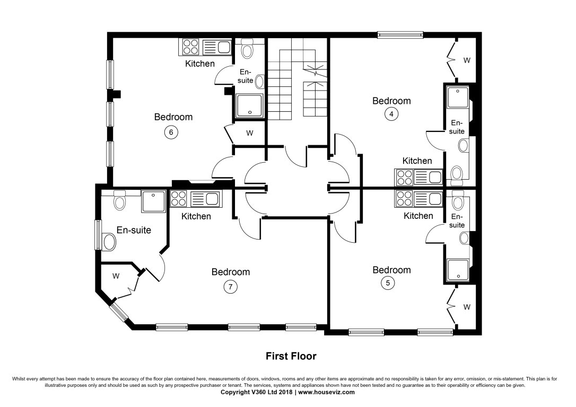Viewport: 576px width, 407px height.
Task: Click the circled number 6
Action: (x=170, y=132)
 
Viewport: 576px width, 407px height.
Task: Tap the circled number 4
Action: (x=391, y=113)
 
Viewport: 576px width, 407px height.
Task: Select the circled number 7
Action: (x=230, y=287)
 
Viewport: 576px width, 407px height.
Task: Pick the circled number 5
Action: (x=388, y=283)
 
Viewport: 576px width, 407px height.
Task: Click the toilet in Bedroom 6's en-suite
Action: (x=247, y=50)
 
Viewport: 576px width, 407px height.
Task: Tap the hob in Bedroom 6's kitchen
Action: (x=190, y=48)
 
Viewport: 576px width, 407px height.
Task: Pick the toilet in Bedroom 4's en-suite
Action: (x=456, y=173)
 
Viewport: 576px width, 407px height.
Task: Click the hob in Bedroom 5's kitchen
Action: (x=404, y=199)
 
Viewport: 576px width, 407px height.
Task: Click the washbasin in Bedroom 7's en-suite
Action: (x=110, y=242)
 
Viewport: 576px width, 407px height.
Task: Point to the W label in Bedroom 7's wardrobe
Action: (x=116, y=276)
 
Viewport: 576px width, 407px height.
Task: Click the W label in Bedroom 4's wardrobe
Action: (x=467, y=60)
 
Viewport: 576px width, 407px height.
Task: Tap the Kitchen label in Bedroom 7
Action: (x=196, y=216)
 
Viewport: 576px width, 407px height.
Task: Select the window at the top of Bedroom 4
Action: (x=400, y=35)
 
